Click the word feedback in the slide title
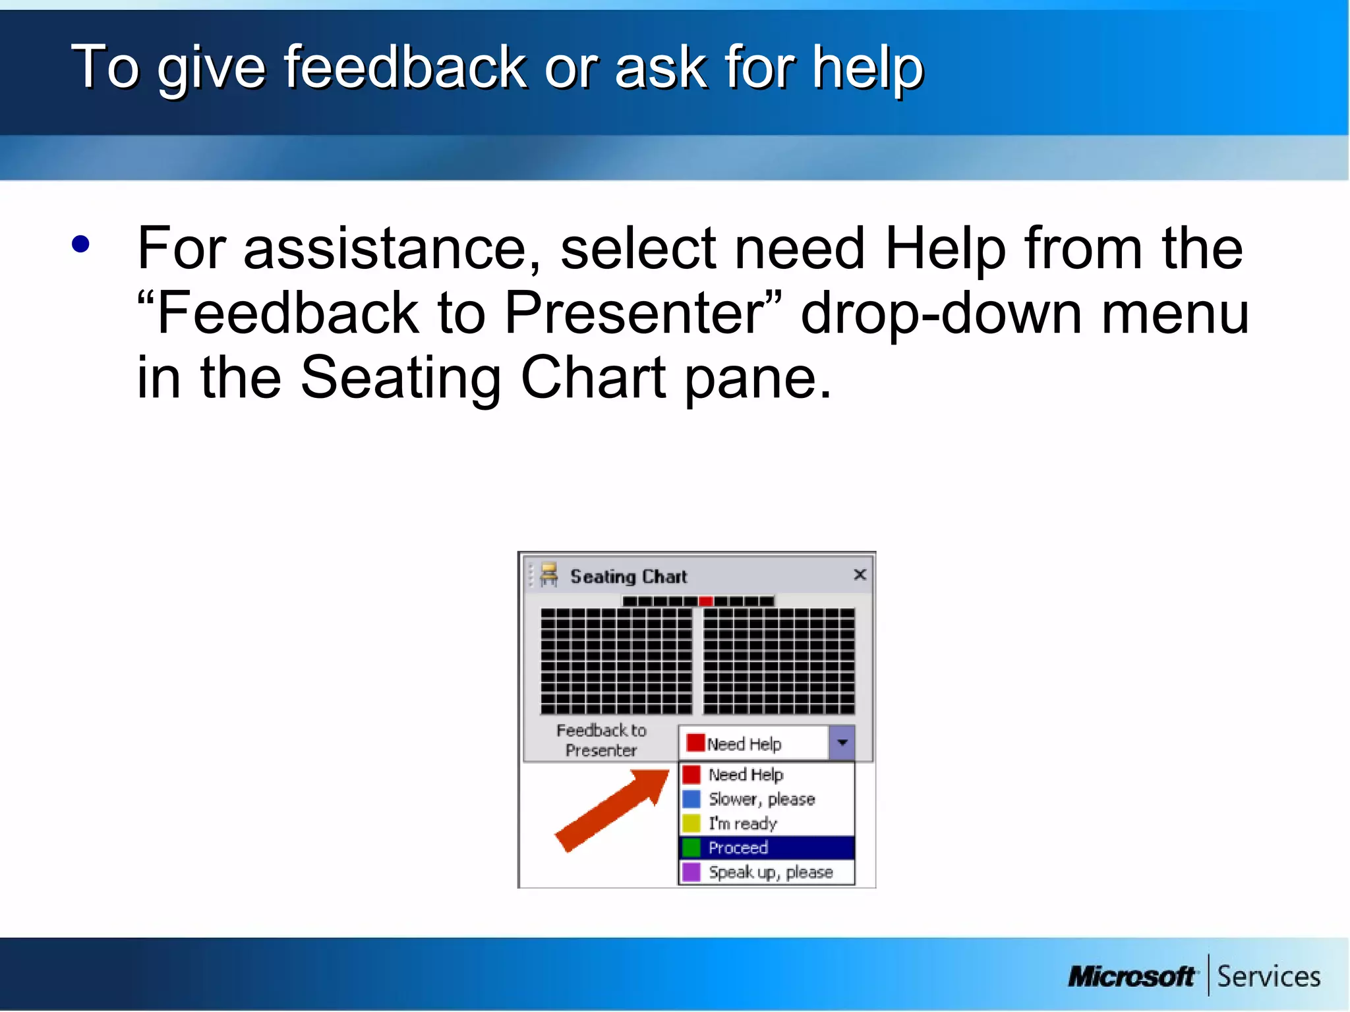pyautogui.click(x=405, y=67)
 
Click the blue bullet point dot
pyautogui.click(x=80, y=244)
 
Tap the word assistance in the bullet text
pyautogui.click(x=392, y=249)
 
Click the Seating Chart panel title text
pyautogui.click(x=628, y=576)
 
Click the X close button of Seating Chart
pyautogui.click(x=860, y=575)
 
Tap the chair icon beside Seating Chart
pyautogui.click(x=548, y=575)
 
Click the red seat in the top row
pyautogui.click(x=705, y=601)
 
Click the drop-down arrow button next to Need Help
pyautogui.click(x=842, y=743)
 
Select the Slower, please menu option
pyautogui.click(x=761, y=799)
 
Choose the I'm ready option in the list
pyautogui.click(x=743, y=824)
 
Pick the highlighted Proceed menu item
pyautogui.click(x=738, y=848)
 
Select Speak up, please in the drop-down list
pyautogui.click(x=770, y=872)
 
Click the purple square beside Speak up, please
pyautogui.click(x=691, y=872)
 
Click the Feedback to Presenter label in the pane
pyautogui.click(x=601, y=741)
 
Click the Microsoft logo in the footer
pyautogui.click(x=1130, y=976)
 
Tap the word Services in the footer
pyautogui.click(x=1268, y=976)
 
